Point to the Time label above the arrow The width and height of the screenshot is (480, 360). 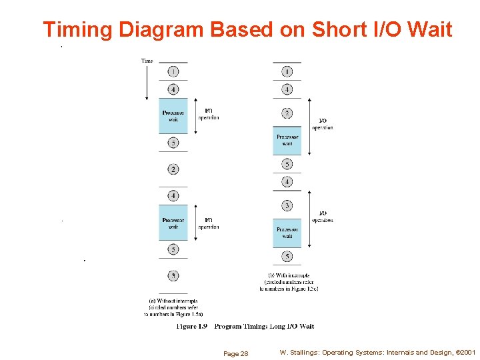(147, 61)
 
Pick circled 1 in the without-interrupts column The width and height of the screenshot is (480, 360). (173, 71)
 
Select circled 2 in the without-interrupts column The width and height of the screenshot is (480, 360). (173, 169)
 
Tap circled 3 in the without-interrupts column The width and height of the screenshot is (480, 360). (173, 275)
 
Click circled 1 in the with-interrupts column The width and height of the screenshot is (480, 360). (287, 71)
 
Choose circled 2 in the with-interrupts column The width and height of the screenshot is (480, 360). (287, 113)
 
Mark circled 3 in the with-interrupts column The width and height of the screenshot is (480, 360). (287, 206)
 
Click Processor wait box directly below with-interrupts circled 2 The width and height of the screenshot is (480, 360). (287, 140)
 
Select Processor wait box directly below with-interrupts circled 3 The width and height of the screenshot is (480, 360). (287, 232)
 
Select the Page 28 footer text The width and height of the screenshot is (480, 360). (236, 353)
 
